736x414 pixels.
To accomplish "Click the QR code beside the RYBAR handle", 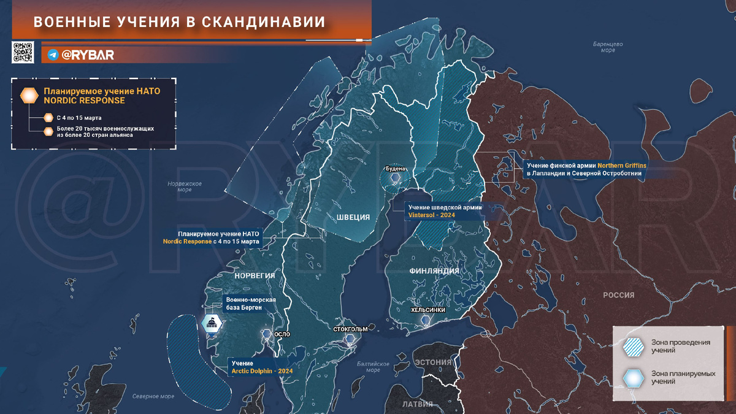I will coord(22,53).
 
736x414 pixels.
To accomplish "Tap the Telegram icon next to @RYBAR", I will coord(53,55).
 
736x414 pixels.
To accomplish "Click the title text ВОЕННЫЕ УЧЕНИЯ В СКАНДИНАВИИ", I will coord(179,22).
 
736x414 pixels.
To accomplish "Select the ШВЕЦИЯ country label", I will coord(353,217).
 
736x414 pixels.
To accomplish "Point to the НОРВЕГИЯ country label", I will coord(255,275).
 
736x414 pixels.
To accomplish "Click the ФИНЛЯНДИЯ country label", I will coord(434,270).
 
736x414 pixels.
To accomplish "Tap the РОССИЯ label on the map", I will coord(618,295).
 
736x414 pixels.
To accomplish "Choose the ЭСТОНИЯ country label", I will coord(433,362).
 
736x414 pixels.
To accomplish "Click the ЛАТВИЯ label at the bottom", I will coord(417,404).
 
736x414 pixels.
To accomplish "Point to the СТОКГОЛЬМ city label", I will coord(350,329).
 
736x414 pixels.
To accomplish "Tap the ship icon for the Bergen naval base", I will coord(212,323).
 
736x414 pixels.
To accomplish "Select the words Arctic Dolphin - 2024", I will coord(262,372).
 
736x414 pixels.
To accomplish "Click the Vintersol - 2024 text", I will coord(431,215).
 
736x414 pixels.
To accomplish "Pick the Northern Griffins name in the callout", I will coord(622,166).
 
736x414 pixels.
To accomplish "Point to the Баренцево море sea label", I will coord(608,47).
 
